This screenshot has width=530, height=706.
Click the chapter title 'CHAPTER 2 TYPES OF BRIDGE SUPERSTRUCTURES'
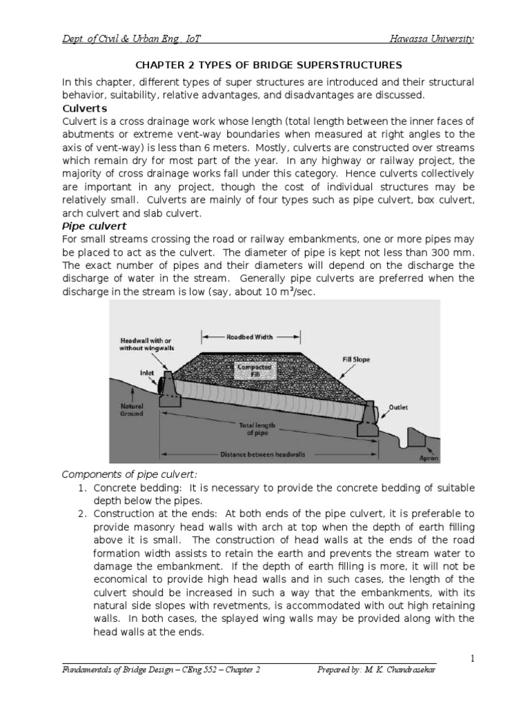[268, 65]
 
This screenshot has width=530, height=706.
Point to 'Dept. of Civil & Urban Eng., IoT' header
[132, 39]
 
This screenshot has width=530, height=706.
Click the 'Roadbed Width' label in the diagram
[250, 337]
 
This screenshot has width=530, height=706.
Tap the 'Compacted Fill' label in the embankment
[255, 371]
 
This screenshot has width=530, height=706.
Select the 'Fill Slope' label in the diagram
[356, 359]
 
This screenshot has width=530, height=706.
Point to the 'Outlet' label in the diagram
[398, 407]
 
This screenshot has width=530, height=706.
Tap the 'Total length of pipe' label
[257, 430]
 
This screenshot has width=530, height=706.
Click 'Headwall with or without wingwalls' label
[147, 345]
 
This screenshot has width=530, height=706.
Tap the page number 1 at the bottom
[472, 659]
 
